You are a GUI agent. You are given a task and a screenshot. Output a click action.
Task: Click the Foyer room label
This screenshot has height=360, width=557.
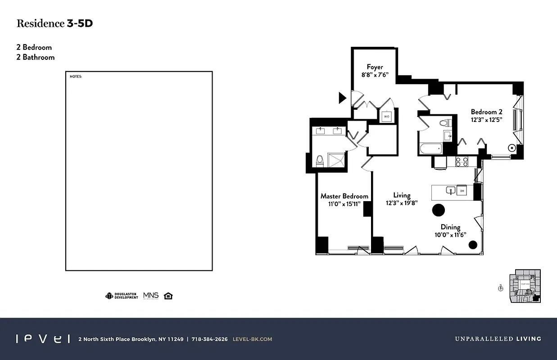(x=375, y=67)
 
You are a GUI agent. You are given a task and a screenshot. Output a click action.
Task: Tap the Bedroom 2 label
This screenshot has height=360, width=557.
(x=486, y=112)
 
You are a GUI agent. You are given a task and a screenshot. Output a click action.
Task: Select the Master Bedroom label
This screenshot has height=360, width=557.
(x=344, y=196)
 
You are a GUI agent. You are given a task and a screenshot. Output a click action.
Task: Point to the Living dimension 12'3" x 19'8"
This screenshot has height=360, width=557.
(x=402, y=203)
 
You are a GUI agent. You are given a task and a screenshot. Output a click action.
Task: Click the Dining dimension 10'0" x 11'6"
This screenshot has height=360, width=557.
(x=450, y=235)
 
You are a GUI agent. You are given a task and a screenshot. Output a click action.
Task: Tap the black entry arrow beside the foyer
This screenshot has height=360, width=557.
(x=342, y=97)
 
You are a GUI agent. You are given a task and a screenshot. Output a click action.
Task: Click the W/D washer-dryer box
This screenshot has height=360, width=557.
(x=386, y=117)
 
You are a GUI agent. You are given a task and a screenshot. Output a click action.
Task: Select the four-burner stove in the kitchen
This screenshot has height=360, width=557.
(x=462, y=162)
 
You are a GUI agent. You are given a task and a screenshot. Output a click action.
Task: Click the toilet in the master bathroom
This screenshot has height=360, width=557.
(x=320, y=161)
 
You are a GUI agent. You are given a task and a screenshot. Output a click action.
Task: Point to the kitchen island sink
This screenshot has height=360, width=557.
(x=450, y=191)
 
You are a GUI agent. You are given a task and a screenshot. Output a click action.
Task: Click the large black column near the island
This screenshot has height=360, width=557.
(x=439, y=210)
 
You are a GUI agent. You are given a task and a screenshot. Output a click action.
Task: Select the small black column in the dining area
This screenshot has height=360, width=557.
(x=472, y=245)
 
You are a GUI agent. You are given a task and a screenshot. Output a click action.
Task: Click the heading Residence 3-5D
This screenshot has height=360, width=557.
(x=54, y=24)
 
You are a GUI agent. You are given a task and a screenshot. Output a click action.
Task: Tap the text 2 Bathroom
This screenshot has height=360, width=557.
(x=36, y=57)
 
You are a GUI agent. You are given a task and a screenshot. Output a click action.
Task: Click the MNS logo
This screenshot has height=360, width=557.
(x=151, y=296)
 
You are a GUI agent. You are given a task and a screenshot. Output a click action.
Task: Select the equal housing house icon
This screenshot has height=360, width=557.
(x=168, y=296)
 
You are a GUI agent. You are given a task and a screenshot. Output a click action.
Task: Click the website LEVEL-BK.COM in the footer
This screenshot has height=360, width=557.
(x=252, y=339)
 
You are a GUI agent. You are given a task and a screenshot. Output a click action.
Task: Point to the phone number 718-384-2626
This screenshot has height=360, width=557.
(x=209, y=339)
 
